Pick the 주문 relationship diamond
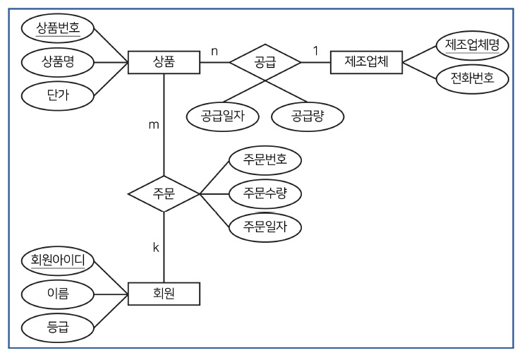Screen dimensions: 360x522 164,193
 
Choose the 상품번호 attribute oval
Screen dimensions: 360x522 58,29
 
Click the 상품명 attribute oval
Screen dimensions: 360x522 58,61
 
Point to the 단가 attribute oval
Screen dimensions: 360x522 58,94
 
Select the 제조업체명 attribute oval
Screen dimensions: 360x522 472,46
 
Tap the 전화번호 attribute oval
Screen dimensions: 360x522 472,78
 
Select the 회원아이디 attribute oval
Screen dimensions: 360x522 58,260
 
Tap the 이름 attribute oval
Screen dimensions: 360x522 58,293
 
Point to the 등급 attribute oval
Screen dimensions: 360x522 58,325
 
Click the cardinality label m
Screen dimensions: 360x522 152,125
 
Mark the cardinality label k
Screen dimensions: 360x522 156,246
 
